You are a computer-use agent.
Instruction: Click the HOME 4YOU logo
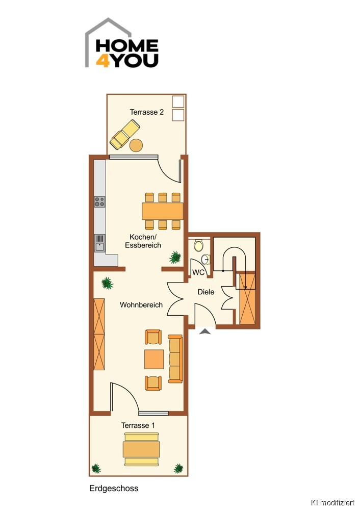[122, 43]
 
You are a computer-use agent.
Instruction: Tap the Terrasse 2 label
[147, 112]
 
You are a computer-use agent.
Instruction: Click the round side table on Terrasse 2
[136, 145]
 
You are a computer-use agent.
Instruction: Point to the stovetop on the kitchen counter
[100, 201]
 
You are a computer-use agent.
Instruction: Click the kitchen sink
[100, 243]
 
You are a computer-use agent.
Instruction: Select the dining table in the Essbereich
[162, 211]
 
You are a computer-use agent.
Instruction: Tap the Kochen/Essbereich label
[143, 241]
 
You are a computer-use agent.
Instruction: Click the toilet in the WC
[198, 245]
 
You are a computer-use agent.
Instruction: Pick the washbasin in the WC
[206, 259]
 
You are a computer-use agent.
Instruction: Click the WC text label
[198, 272]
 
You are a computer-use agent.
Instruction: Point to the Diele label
[206, 292]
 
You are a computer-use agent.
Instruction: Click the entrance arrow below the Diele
[205, 331]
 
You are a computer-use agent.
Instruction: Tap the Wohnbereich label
[141, 305]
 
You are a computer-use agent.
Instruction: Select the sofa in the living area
[175, 359]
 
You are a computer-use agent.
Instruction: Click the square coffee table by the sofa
[154, 359]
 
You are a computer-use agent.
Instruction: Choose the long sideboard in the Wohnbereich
[99, 334]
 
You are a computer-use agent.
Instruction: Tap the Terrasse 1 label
[138, 425]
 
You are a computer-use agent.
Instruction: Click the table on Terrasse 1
[141, 449]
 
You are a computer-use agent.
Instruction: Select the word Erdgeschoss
[114, 489]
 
